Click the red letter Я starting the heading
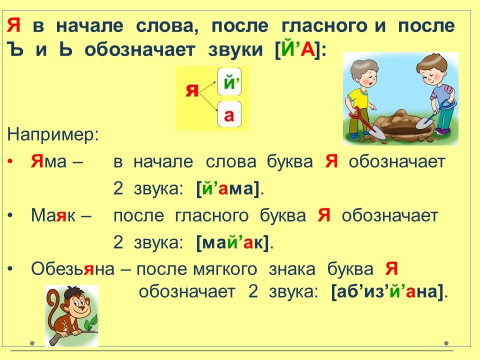(x=13, y=25)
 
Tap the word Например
(x=53, y=134)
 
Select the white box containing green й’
(x=229, y=82)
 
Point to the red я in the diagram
(x=192, y=90)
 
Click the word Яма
(x=48, y=161)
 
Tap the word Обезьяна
(x=73, y=269)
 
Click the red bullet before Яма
(x=10, y=161)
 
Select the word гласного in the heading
(x=324, y=25)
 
